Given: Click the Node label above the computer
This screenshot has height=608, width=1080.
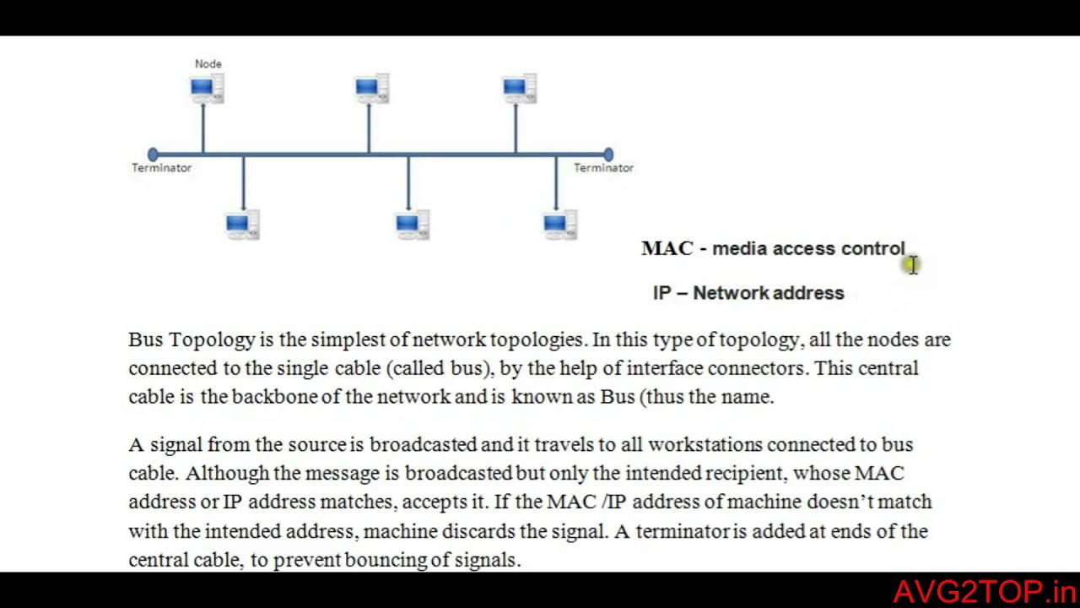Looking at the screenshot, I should (x=208, y=63).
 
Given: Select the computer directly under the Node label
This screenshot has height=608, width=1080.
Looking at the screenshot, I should (x=206, y=89).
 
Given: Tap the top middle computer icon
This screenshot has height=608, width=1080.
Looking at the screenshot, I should (x=371, y=89).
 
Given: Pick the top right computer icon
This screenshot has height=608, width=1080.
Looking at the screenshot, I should (x=518, y=89).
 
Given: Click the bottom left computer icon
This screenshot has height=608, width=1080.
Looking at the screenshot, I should (x=242, y=225).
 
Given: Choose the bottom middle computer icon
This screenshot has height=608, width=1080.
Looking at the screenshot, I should (x=412, y=225).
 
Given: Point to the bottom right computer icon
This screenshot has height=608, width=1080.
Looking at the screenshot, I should (x=559, y=225).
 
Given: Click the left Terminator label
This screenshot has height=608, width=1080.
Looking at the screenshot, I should (x=161, y=168).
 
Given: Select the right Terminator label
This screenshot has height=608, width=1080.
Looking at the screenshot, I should (x=603, y=168).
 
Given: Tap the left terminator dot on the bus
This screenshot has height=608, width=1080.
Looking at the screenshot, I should (x=153, y=155).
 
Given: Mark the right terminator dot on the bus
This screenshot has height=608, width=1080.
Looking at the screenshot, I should (x=608, y=155).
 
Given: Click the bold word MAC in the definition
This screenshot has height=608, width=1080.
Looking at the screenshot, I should (x=667, y=248).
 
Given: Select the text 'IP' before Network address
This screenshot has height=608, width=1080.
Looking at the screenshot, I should (x=662, y=293).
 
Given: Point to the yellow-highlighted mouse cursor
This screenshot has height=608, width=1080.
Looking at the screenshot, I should (x=912, y=265).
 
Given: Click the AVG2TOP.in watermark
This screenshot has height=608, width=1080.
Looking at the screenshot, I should (x=984, y=591).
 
